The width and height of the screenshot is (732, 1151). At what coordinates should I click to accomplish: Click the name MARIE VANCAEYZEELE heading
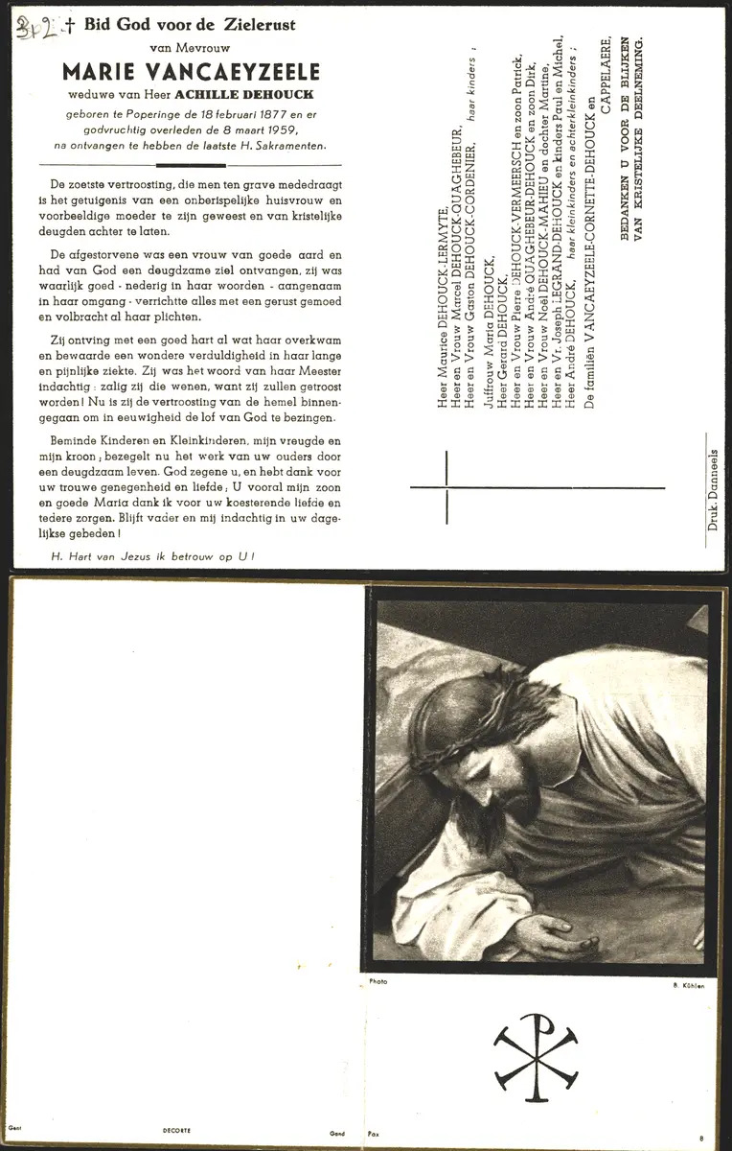191,72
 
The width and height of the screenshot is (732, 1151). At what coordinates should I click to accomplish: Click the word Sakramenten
294,146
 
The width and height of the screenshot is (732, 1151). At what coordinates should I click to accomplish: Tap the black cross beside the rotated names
446,487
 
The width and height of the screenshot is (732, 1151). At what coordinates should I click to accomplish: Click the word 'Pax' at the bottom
375,1133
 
